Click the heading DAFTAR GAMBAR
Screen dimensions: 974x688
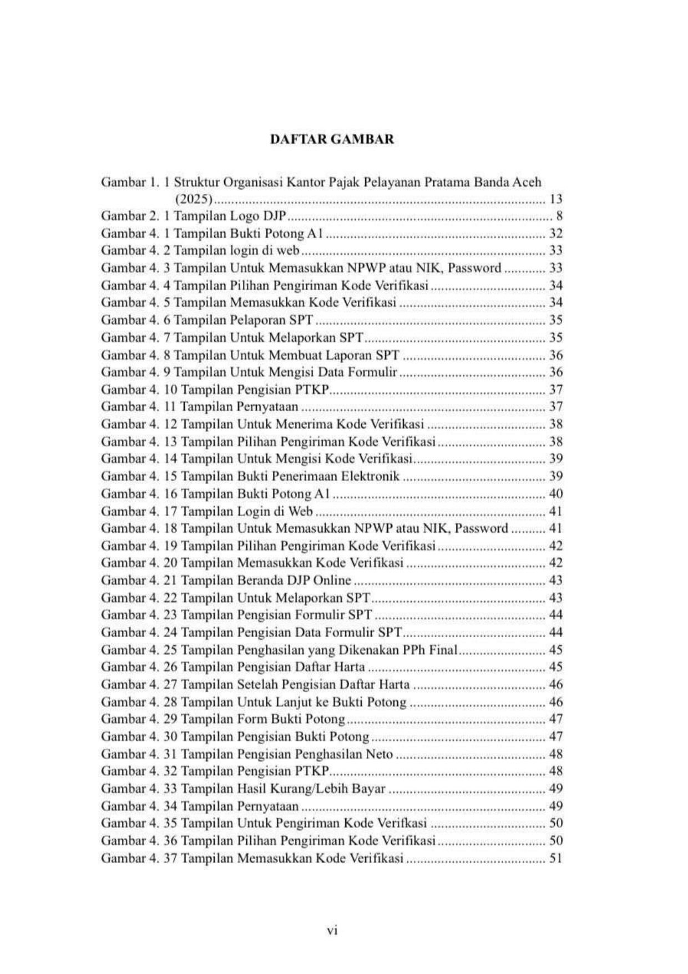click(332, 139)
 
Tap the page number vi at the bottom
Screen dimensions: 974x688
click(332, 930)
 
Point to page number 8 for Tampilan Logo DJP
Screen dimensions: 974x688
click(559, 216)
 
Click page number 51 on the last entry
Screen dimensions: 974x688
click(555, 858)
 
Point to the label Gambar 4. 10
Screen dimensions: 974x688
click(139, 390)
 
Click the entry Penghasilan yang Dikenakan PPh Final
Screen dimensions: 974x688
click(347, 650)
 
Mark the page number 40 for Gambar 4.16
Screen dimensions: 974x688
click(555, 494)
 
